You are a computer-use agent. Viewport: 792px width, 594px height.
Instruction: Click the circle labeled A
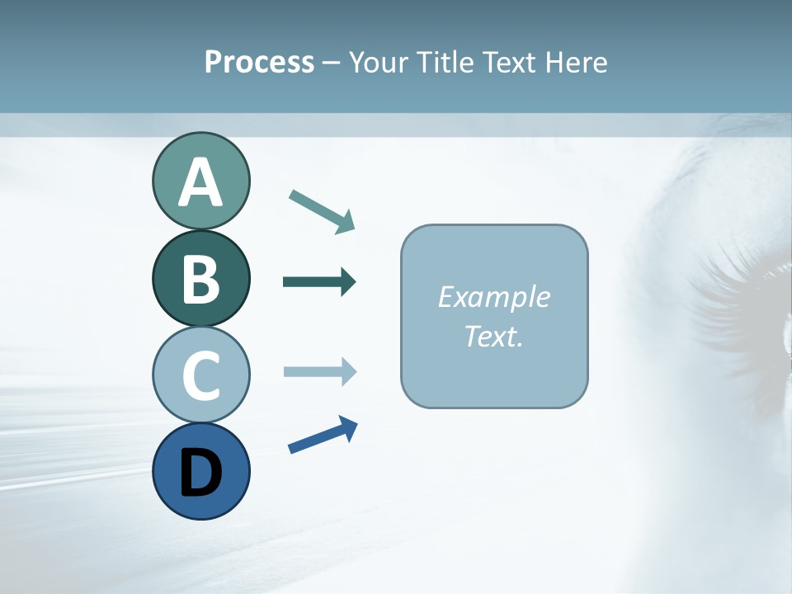point(200,181)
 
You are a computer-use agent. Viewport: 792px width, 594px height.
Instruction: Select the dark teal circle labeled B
point(200,278)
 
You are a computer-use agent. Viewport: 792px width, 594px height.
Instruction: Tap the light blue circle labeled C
point(200,375)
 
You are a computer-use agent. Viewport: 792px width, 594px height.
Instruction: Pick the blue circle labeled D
point(200,471)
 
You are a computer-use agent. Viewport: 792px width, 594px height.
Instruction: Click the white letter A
point(200,182)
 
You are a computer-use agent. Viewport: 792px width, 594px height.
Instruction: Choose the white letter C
point(200,375)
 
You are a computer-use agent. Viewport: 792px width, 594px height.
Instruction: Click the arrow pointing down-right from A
point(323,210)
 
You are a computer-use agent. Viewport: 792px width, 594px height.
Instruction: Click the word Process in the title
point(259,63)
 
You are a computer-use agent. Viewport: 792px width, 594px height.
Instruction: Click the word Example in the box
point(494,297)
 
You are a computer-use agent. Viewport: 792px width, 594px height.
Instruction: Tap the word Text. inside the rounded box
point(494,336)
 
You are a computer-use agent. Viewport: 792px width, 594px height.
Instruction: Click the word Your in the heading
point(375,63)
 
